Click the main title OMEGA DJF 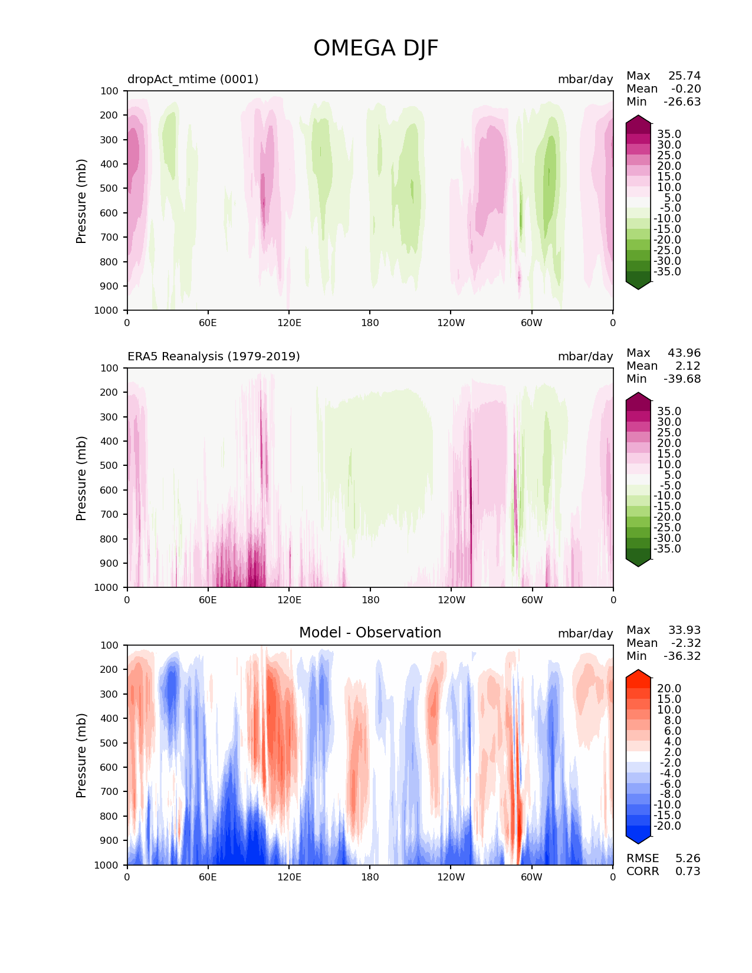click(x=376, y=48)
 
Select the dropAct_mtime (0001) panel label click(x=193, y=79)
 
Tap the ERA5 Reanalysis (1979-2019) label click(x=214, y=356)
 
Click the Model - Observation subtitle click(x=370, y=633)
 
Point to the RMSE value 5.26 click(x=688, y=858)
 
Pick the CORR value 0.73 click(x=688, y=871)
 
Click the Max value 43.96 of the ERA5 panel click(x=684, y=353)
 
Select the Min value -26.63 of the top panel click(x=682, y=101)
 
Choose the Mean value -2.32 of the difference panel click(x=685, y=643)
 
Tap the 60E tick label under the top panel click(x=208, y=323)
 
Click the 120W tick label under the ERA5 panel click(x=451, y=600)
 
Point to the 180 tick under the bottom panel click(x=370, y=877)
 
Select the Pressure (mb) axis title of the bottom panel click(x=81, y=755)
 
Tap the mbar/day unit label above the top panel click(x=585, y=79)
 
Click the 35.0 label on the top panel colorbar click(x=669, y=134)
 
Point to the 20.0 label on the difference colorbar click(x=669, y=688)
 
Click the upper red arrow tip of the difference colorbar click(x=638, y=671)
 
